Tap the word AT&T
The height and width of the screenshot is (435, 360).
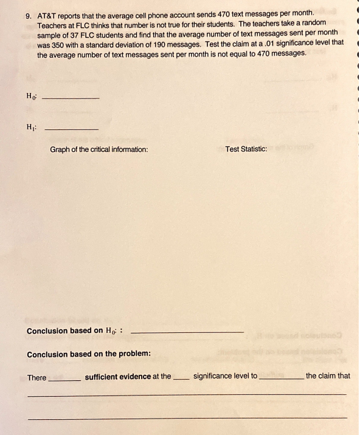47,13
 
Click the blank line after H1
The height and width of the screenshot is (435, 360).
72,128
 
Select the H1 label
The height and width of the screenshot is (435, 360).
31,126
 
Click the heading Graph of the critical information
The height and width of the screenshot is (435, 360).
99,149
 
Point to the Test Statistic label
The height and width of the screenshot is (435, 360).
246,149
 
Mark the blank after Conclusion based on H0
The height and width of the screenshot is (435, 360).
187,332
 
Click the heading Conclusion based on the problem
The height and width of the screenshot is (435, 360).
89,354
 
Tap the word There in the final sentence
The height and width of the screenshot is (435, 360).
36,377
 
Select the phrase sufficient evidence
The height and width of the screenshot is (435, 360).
117,377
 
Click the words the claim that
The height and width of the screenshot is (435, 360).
328,376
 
